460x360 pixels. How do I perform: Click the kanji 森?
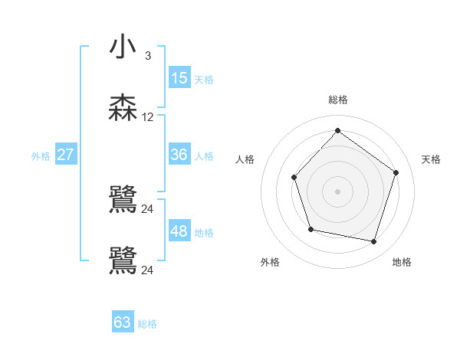pos(123,108)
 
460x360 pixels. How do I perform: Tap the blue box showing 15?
pos(179,78)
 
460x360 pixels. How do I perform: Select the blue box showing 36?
pos(179,155)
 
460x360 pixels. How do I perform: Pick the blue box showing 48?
pos(179,231)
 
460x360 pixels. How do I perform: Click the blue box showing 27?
pos(65,155)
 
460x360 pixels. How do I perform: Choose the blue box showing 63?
pos(123,322)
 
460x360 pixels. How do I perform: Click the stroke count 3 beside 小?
pos(148,56)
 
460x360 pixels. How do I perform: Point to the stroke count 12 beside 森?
pos(148,117)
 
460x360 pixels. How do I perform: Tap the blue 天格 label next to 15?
pos(204,80)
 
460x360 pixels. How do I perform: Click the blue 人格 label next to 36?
pos(204,156)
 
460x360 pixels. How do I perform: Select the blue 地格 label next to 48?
pos(204,233)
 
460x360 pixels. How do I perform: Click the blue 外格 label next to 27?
pos(41,156)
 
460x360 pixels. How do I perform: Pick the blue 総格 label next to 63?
pos(147,324)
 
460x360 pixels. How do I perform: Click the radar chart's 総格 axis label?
pos(338,100)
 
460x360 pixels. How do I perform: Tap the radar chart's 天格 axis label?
pos(431,159)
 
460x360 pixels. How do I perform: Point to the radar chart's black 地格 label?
pos(402,262)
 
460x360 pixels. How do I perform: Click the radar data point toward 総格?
pos(337,130)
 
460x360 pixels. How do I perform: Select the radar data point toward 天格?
pos(396,172)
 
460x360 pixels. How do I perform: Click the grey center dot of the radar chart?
pos(337,191)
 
